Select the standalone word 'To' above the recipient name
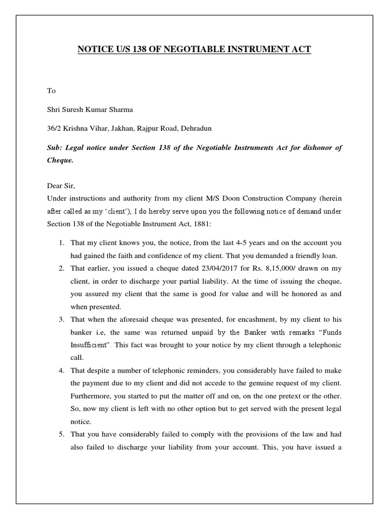pos(51,91)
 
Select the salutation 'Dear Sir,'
pos(60,186)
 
